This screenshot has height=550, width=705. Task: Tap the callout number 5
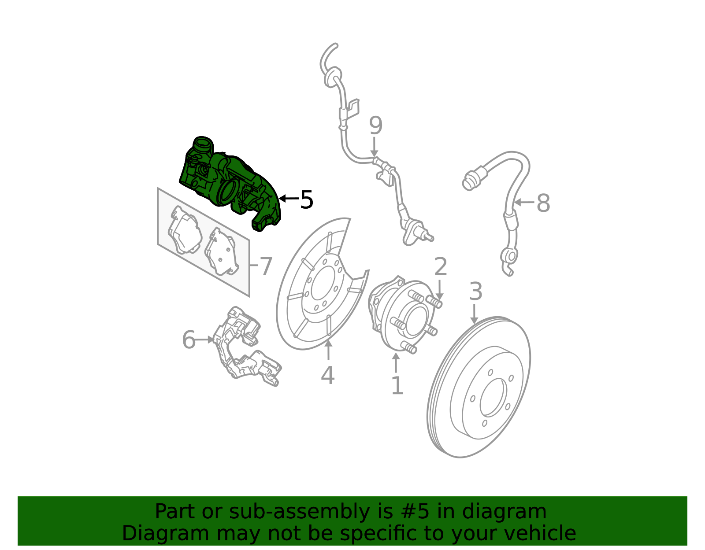[x=306, y=200]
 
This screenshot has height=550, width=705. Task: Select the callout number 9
[x=375, y=126]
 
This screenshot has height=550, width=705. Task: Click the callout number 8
[x=543, y=203]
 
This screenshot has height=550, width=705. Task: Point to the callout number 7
[x=266, y=267]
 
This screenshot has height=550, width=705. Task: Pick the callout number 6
[x=189, y=340]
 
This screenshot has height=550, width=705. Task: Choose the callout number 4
[x=327, y=376]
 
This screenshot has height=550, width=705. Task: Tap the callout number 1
[x=397, y=386]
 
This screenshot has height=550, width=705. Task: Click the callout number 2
[x=440, y=267]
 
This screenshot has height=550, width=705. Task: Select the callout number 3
[x=475, y=292]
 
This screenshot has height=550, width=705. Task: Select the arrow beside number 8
[x=523, y=203]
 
